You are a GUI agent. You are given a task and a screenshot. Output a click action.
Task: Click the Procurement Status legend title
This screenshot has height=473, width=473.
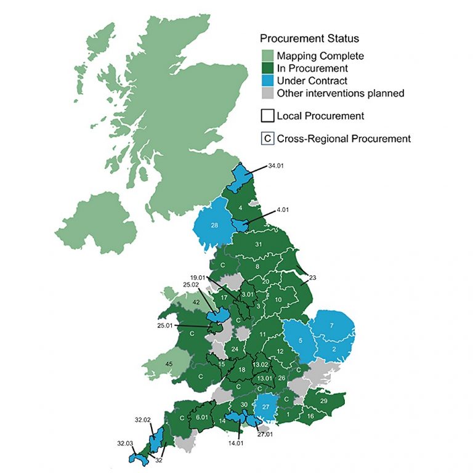point(305,38)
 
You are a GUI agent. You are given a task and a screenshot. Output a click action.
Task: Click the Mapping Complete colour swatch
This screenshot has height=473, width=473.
point(267,56)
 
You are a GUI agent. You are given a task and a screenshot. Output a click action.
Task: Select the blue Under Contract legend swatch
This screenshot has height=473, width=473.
point(267,81)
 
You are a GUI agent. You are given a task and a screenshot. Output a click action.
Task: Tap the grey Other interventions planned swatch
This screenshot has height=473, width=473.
point(267,94)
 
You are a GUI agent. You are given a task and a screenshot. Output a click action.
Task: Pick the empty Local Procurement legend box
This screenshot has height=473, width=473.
point(267,116)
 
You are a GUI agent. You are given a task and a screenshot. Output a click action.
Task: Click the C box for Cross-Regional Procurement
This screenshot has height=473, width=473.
point(267,139)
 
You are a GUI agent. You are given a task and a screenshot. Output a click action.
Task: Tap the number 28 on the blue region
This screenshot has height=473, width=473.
point(214,225)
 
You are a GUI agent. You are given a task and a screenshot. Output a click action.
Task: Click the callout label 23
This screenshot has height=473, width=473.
point(312,278)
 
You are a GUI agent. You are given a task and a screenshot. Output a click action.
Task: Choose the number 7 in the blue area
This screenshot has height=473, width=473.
point(331,325)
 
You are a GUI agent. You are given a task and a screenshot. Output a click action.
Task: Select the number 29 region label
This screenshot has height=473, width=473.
point(323,401)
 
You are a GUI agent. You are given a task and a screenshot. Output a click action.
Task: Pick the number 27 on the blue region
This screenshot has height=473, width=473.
point(265,407)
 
